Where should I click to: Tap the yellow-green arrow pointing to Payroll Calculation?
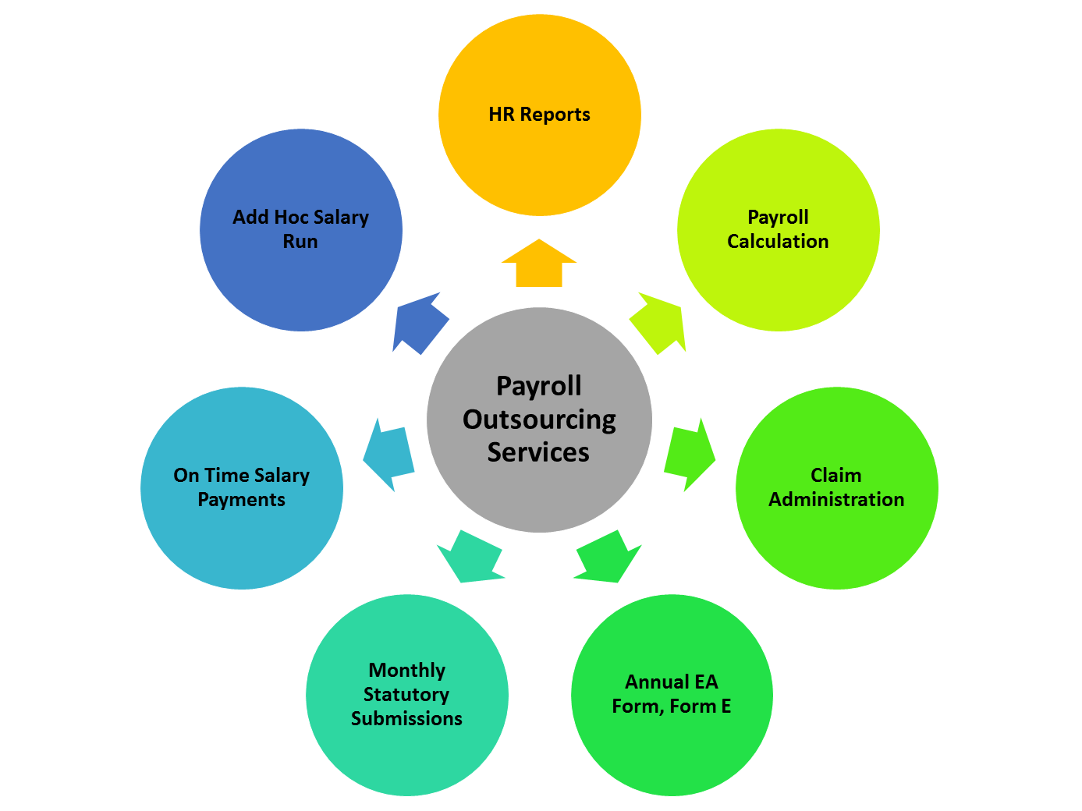[x=659, y=324]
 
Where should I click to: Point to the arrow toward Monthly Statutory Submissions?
[x=471, y=557]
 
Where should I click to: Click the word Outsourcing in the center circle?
[x=539, y=420]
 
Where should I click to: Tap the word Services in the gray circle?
[x=538, y=452]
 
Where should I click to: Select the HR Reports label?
[x=539, y=115]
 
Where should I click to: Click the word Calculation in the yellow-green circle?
[x=778, y=242]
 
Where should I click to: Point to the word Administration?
[x=836, y=500]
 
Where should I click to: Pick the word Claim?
[x=836, y=475]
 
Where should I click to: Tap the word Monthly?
[x=406, y=671]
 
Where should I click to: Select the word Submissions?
[x=406, y=719]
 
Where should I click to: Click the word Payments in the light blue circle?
[x=241, y=500]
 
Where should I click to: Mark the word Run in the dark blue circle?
[x=300, y=242]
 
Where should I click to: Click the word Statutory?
[x=406, y=695]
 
